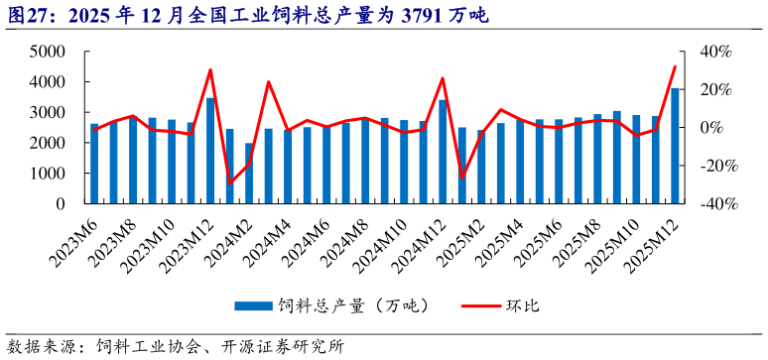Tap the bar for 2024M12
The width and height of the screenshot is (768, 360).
click(x=444, y=152)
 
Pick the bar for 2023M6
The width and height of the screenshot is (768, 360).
click(x=94, y=164)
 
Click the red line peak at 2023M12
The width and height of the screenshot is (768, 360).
click(x=210, y=69)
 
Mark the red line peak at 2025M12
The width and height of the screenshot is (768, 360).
click(x=675, y=66)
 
